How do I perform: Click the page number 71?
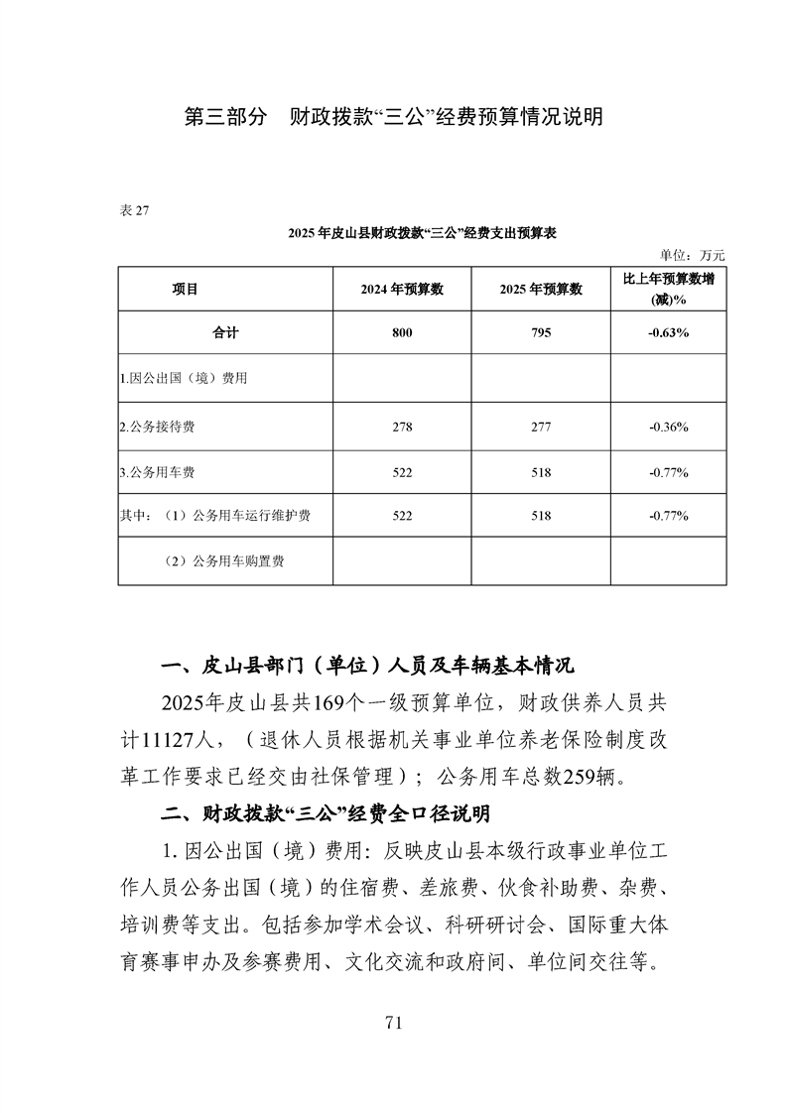(393, 1023)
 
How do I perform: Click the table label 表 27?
(133, 209)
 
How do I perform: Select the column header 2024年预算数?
(401, 289)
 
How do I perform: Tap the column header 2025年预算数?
(541, 289)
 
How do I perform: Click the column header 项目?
(185, 289)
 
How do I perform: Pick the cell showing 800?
(401, 333)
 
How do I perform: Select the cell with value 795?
(541, 333)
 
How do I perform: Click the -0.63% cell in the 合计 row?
(668, 333)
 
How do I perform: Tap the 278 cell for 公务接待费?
(401, 426)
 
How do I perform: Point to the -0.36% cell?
(668, 426)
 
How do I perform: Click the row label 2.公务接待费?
(157, 426)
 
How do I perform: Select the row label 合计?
(225, 333)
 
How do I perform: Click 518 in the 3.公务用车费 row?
(541, 471)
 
